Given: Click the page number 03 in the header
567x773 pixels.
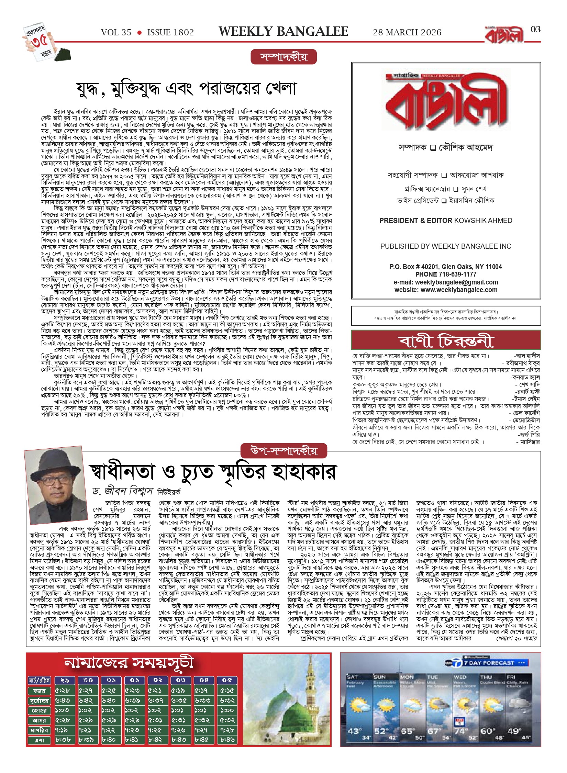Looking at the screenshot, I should (x=535, y=30).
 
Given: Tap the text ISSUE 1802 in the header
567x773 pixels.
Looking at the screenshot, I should (x=170, y=33).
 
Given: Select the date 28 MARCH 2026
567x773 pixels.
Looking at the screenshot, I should (x=407, y=33).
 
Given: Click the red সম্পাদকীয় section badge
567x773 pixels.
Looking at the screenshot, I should (x=283, y=57).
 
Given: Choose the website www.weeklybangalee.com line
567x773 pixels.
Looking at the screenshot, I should (x=446, y=290).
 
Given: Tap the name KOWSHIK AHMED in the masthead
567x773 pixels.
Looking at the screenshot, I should (x=483, y=221).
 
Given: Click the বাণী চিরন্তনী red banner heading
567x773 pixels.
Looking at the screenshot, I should (x=446, y=340).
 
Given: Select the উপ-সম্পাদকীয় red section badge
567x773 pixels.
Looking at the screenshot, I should (x=283, y=451).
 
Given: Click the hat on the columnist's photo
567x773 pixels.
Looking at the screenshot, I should (x=54, y=462).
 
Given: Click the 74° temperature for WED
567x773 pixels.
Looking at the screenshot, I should (x=460, y=731).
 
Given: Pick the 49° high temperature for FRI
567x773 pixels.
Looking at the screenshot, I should (x=514, y=731).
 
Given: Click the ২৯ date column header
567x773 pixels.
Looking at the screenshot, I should (x=65, y=680).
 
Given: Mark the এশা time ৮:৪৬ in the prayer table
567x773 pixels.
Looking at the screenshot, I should (x=227, y=740).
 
